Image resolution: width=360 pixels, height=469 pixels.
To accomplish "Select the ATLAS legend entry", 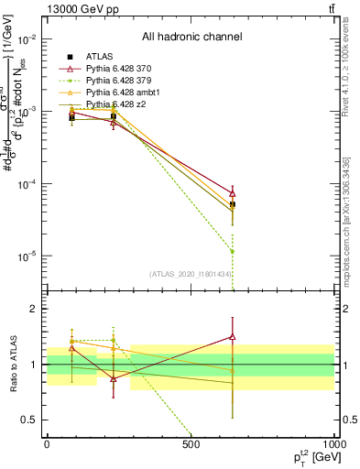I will [x=101, y=57].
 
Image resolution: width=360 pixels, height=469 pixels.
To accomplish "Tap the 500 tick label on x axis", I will [x=191, y=444].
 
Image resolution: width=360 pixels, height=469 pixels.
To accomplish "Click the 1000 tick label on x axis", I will [x=333, y=444].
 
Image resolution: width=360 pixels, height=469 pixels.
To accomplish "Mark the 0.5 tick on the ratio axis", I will [x=29, y=420].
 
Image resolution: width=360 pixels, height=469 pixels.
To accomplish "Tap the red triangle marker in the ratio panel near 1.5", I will [x=233, y=337].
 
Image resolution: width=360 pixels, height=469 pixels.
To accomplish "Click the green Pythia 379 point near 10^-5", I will [x=233, y=251].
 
